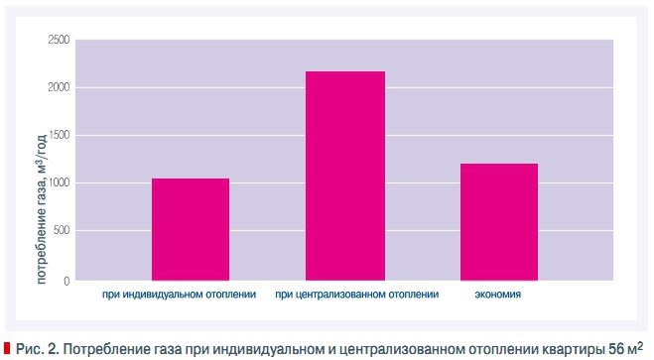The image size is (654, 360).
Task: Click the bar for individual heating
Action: pyautogui.click(x=191, y=229)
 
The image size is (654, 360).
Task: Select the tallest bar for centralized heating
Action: pyautogui.click(x=344, y=176)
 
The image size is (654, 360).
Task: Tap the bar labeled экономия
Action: pyautogui.click(x=498, y=221)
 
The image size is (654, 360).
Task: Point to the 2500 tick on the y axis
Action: pyautogui.click(x=59, y=41)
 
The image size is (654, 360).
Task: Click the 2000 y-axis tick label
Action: pyautogui.click(x=59, y=88)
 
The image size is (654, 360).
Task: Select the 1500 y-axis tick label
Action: pyautogui.click(x=59, y=136)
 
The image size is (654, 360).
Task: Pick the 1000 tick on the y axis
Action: pyautogui.click(x=59, y=183)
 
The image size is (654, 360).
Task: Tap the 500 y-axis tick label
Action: pyautogui.click(x=62, y=231)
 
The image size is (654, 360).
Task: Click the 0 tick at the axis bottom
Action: pyautogui.click(x=66, y=281)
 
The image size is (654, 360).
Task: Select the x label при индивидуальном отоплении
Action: pyautogui.click(x=180, y=295)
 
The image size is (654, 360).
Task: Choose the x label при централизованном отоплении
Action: pyautogui.click(x=356, y=295)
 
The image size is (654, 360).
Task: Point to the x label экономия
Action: pyautogui.click(x=497, y=295)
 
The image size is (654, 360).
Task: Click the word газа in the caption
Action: pyautogui.click(x=159, y=347)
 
